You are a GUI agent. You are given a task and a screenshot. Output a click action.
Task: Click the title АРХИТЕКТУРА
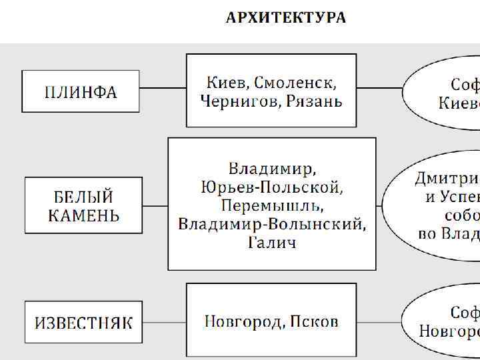[286, 18]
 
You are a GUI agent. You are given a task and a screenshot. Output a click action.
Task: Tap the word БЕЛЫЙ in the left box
[83, 197]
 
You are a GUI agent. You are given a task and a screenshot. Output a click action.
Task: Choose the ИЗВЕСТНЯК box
[83, 323]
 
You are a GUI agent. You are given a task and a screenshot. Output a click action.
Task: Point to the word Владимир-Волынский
[272, 223]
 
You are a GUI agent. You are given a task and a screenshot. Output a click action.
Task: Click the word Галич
[272, 241]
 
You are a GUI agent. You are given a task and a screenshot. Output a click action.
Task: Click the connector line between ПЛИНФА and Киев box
[163, 87]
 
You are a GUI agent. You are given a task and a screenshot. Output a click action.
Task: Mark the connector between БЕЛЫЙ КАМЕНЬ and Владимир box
[155, 206]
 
